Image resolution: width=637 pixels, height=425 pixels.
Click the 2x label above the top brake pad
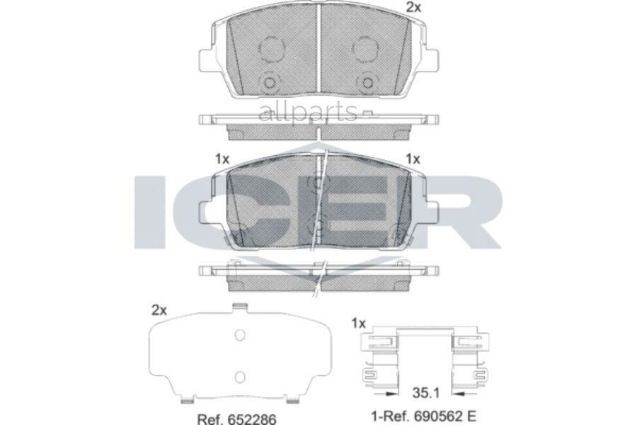pyautogui.click(x=413, y=8)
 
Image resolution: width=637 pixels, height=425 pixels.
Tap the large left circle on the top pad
pyautogui.click(x=271, y=49)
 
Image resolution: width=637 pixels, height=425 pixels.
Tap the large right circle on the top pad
pyautogui.click(x=366, y=49)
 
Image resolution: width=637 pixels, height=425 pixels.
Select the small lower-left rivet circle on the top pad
pyautogui.click(x=270, y=83)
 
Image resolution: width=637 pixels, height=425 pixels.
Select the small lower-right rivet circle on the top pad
pyautogui.click(x=367, y=83)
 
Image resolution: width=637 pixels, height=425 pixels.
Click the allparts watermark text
pyautogui.click(x=309, y=111)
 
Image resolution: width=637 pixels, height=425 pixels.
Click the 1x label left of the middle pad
pyautogui.click(x=222, y=159)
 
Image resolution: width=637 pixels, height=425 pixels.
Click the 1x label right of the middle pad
pyautogui.click(x=413, y=159)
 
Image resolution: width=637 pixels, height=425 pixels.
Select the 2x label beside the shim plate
pyautogui.click(x=159, y=310)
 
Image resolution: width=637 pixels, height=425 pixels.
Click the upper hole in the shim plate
pyautogui.click(x=239, y=335)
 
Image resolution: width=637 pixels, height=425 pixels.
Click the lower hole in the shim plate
pyautogui.click(x=239, y=376)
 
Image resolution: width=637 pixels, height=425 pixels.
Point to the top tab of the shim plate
pyautogui.click(x=239, y=307)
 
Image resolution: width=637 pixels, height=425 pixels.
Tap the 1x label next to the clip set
pyautogui.click(x=358, y=323)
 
